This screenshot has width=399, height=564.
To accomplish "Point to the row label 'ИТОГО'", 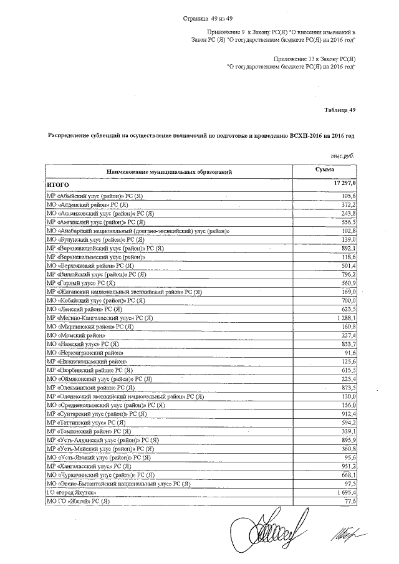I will point(57,185).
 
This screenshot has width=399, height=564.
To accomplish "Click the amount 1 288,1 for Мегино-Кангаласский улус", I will point(342,317).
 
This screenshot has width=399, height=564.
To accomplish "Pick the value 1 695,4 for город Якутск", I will point(342,492).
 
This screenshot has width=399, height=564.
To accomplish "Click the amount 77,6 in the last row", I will point(348,501).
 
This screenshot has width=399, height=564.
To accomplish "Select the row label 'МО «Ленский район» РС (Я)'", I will point(84,308).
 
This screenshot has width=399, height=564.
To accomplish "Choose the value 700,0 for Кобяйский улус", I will point(345,300).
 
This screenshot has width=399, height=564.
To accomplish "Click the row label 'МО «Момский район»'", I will point(74,335).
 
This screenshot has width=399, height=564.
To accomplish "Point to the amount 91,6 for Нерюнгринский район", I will point(348,352).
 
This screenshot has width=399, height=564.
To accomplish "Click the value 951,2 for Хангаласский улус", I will point(345,466).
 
